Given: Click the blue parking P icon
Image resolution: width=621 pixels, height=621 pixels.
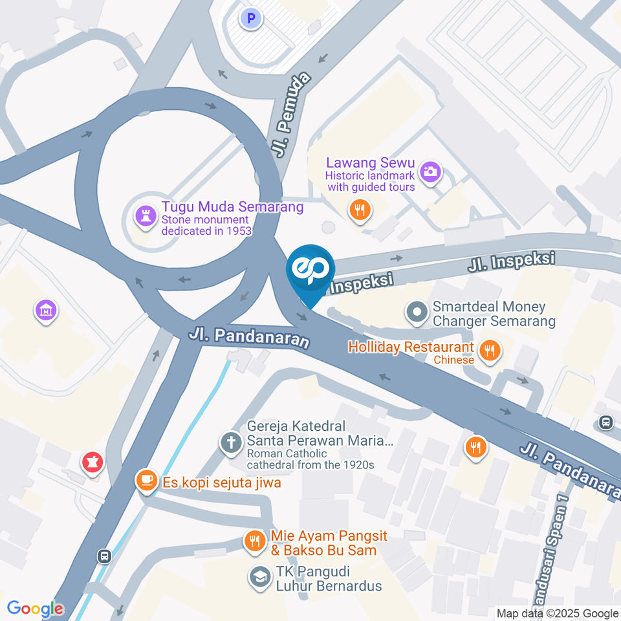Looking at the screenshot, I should (250, 17).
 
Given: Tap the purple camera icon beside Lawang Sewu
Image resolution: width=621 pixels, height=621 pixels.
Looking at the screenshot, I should (430, 171).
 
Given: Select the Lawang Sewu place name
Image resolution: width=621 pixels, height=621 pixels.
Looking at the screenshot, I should (370, 163).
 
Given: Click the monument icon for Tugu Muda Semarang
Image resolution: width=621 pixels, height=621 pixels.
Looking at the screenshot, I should (144, 217).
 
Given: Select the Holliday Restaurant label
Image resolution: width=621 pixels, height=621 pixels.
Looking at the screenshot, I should (411, 347).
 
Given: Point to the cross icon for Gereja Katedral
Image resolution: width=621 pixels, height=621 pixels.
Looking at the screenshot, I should (230, 443).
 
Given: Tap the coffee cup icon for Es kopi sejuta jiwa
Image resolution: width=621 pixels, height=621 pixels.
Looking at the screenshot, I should (147, 480).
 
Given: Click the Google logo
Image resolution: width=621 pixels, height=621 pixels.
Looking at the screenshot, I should (35, 609).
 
